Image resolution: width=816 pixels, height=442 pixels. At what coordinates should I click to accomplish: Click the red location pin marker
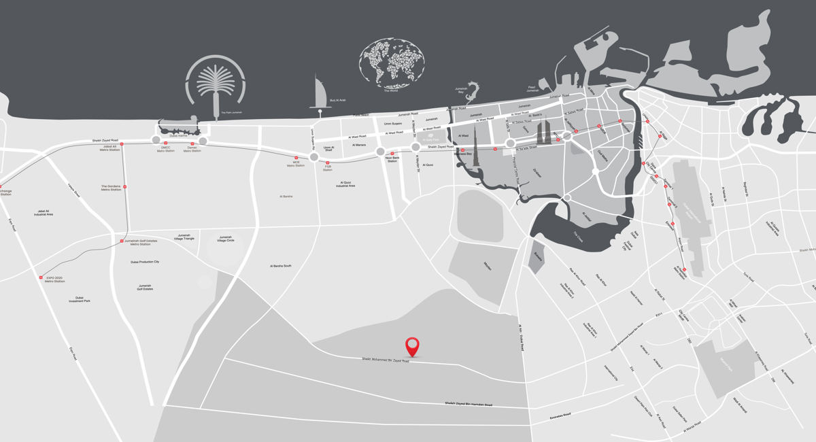coord(412,345)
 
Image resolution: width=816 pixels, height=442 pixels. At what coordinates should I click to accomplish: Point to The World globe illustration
coord(392,63)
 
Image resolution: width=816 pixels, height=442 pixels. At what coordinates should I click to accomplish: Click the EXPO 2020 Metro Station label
coord(54,279)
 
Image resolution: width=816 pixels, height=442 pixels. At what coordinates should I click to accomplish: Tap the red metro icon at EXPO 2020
coord(41,277)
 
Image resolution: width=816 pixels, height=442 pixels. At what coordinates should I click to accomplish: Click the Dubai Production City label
coord(145,262)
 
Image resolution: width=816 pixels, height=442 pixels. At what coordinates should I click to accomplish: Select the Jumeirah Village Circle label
coord(226,239)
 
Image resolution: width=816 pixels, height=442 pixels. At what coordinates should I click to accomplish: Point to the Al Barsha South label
coord(280,266)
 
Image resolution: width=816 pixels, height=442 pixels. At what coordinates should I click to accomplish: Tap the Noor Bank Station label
coord(392,160)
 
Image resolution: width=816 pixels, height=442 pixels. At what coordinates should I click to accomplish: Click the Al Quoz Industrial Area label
coord(345,184)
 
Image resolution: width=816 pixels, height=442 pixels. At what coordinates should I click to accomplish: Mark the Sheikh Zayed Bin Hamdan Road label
coord(469,405)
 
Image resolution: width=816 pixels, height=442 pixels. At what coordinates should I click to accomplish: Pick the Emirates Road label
coord(560,414)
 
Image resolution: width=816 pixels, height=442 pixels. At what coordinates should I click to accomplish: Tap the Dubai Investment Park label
coord(79,299)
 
